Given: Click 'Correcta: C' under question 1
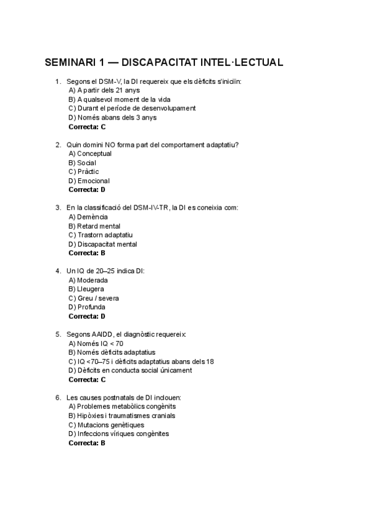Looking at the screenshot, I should (87, 126).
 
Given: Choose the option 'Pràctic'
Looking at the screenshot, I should (84, 171).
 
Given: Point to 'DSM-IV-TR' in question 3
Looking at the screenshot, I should (151, 208).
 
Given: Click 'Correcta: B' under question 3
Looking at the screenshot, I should (87, 253).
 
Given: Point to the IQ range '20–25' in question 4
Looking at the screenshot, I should (99, 271).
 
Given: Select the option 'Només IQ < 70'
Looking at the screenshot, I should (96, 344).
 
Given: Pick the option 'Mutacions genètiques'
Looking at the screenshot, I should (106, 425).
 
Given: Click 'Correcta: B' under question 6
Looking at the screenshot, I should (87, 443).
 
